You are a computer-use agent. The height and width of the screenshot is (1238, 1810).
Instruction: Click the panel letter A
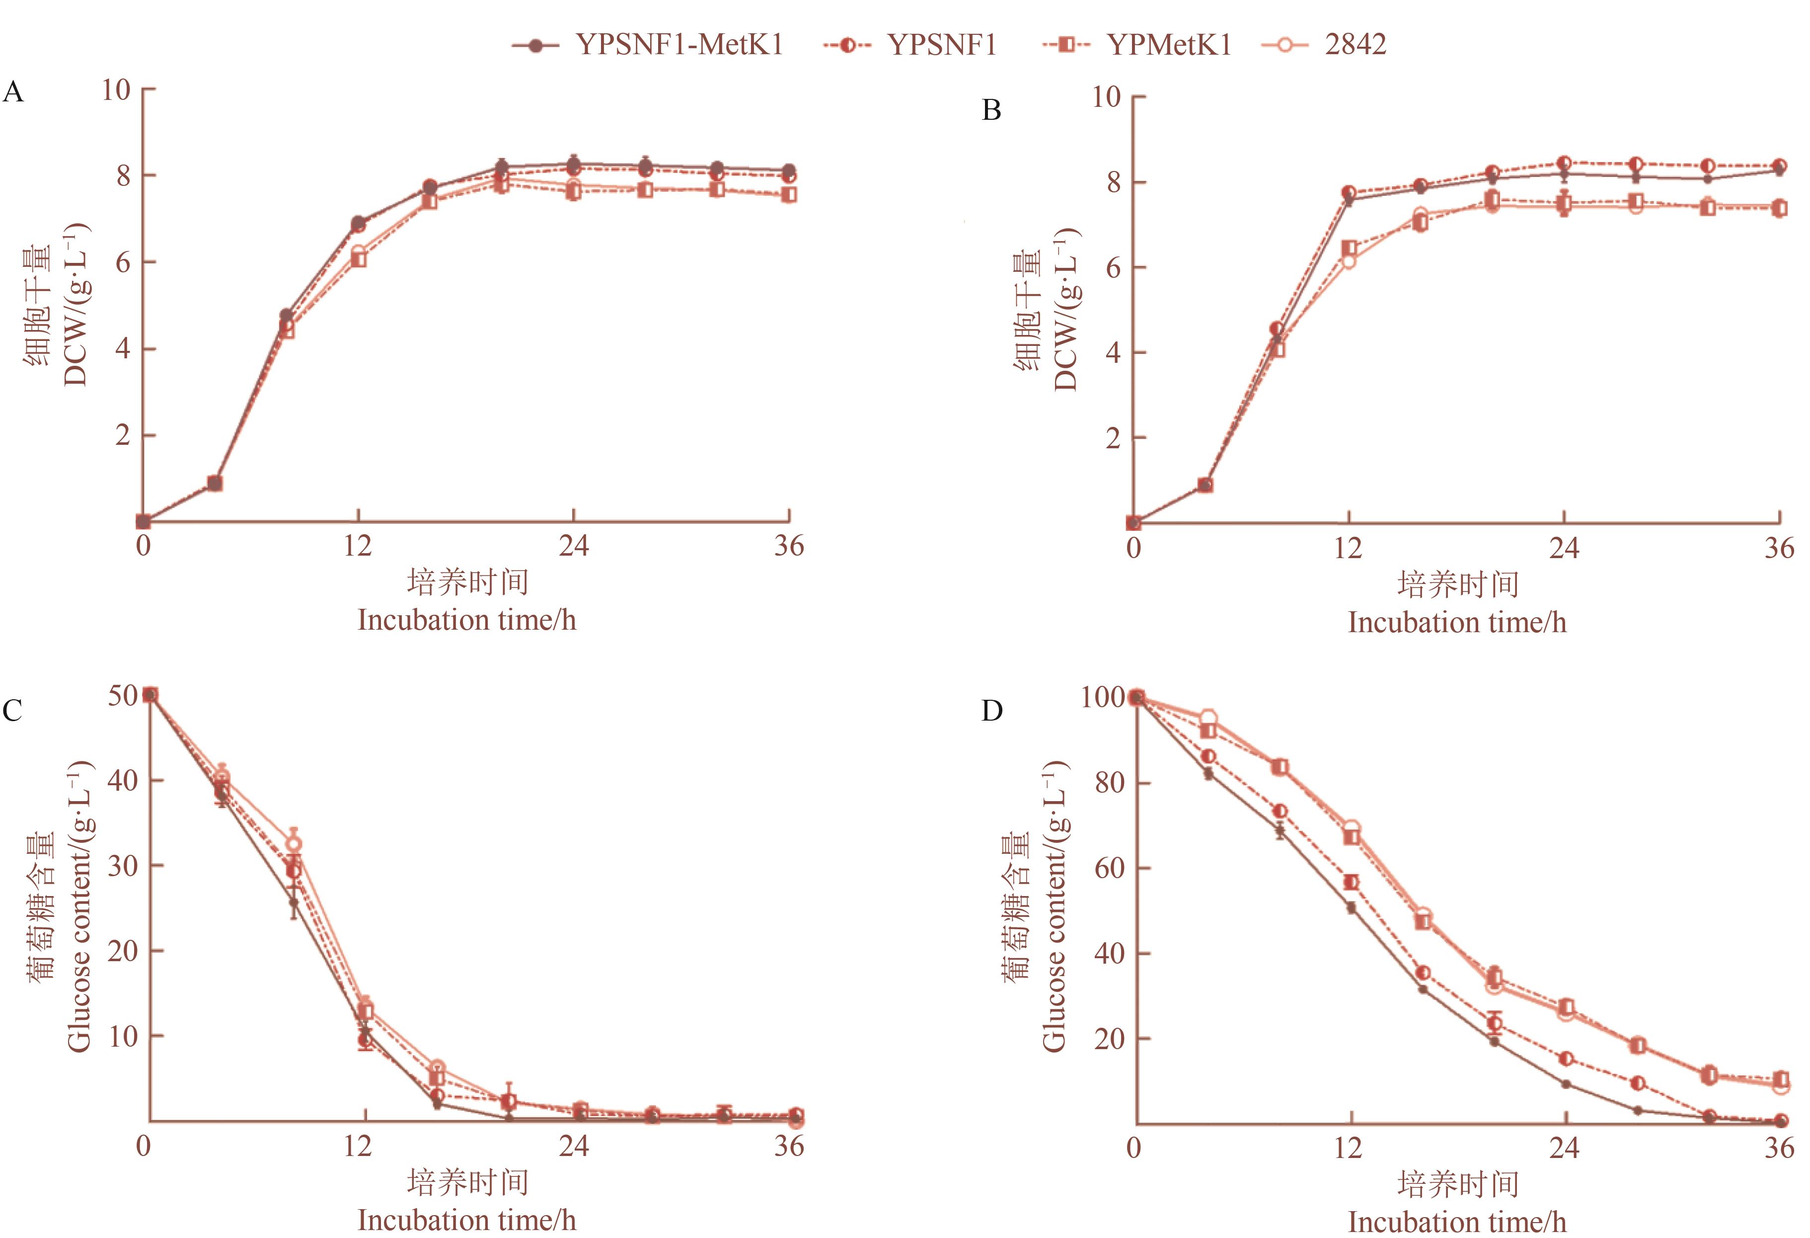(x=13, y=93)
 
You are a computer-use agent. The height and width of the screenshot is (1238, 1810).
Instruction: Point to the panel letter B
(x=991, y=111)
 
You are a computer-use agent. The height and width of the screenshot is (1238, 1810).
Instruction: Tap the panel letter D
(x=991, y=711)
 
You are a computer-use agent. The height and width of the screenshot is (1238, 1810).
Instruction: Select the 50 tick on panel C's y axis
(x=122, y=695)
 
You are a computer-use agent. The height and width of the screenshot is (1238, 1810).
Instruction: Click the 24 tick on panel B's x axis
(x=1564, y=549)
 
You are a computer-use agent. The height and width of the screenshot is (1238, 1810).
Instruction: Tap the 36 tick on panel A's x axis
(x=789, y=546)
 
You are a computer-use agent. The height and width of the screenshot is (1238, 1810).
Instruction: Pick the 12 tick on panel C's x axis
(x=358, y=1146)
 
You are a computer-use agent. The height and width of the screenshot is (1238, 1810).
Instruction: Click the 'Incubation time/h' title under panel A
(x=466, y=620)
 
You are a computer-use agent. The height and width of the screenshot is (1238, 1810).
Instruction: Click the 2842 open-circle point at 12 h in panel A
(x=358, y=253)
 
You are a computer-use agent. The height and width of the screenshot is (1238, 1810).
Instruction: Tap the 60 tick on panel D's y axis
(x=1109, y=868)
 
